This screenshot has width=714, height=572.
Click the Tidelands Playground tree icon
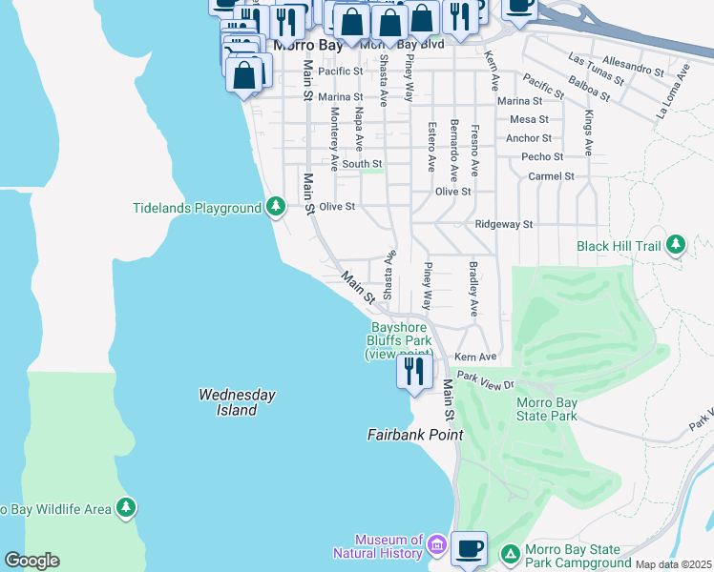pos(276,207)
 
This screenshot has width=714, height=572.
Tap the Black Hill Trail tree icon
pos(676,245)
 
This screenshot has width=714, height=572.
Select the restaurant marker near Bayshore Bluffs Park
pos(414,369)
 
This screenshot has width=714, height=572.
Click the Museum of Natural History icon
pos(437,546)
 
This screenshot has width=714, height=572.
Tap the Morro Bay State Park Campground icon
pos(511,553)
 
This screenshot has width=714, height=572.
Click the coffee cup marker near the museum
pos(469,549)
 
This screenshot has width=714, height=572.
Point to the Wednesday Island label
pos(237,402)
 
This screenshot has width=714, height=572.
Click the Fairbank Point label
pos(415,435)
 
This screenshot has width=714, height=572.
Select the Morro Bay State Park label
pos(547,409)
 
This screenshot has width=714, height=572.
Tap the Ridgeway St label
pos(503,224)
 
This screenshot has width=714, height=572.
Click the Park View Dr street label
pos(485,379)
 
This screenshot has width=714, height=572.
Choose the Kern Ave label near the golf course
pos(475,357)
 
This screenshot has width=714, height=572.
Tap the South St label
pos(362,164)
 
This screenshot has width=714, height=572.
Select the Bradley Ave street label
pos(472,289)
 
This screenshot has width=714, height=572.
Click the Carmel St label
pos(551,176)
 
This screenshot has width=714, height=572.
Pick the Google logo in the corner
pos(31,561)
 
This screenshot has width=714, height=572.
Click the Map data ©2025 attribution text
pos(672,564)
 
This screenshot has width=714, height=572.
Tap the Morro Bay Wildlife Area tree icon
pos(126,509)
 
